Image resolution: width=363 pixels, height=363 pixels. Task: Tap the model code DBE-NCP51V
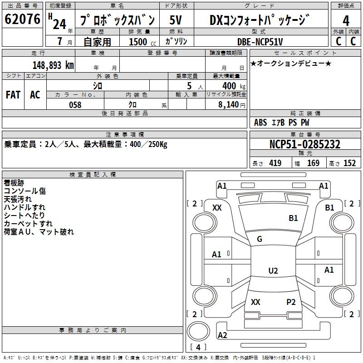coord(260,42)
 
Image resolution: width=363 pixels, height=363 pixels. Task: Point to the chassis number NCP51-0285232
coord(305,144)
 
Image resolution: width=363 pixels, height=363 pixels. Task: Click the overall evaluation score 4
coord(346,20)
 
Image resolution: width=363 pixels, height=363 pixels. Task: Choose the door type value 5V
coord(176,20)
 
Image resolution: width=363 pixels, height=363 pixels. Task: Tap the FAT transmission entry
coord(13,94)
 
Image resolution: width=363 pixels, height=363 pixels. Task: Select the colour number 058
coord(75,105)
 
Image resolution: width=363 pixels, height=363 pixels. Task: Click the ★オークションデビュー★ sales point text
coord(291,63)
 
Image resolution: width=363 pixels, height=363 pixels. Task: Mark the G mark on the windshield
coord(260,239)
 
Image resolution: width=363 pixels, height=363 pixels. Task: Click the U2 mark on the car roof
coord(273,271)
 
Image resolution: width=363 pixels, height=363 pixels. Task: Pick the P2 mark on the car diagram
coord(291,302)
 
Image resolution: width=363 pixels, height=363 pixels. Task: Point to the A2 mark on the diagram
coord(222,335)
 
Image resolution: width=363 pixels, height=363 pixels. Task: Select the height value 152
coord(349,163)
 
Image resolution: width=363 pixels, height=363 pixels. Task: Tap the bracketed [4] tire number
coord(198,348)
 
